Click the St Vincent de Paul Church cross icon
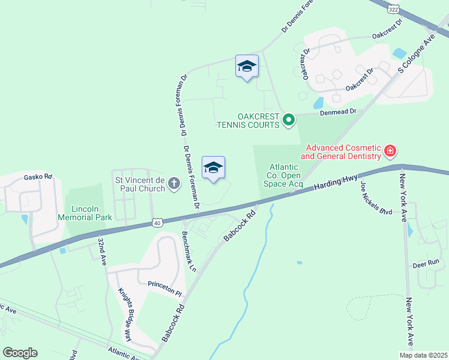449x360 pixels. [x=174, y=183]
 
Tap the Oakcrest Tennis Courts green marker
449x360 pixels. [x=289, y=121]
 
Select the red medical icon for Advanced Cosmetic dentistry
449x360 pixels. [x=390, y=151]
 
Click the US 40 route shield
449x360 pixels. [x=156, y=222]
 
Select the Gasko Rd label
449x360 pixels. [x=38, y=177]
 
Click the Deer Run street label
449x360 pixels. [x=426, y=263]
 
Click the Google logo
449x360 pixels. [x=20, y=353]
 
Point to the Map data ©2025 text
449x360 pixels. [x=424, y=355]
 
